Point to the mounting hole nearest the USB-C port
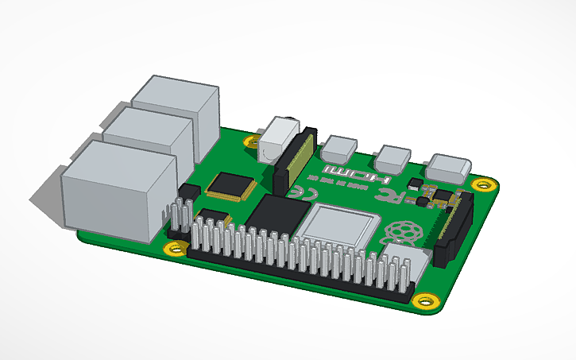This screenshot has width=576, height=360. click(x=483, y=186)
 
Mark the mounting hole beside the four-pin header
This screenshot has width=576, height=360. click(x=176, y=250)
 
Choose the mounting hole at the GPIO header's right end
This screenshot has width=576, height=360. click(x=425, y=302)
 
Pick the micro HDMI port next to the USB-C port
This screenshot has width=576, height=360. click(x=392, y=155)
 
